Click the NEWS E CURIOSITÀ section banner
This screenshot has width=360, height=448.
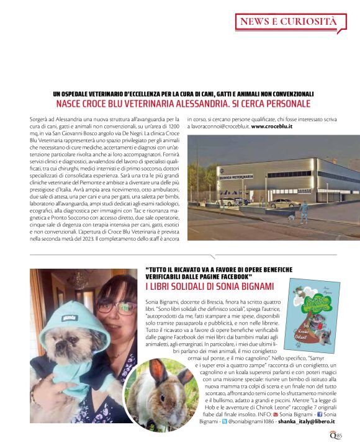tap(289, 22)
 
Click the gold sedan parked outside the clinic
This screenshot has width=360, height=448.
tap(284, 202)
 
